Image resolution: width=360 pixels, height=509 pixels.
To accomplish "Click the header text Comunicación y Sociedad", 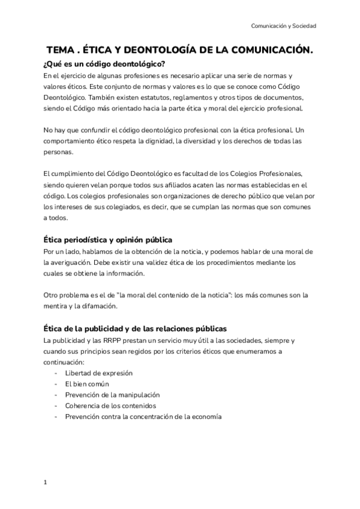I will coord(283,26).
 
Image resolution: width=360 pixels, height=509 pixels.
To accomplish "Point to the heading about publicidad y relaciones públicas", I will coord(135,328).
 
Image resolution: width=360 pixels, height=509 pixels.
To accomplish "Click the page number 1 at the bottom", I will coord(46,482).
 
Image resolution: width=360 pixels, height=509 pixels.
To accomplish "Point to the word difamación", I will coord(101,306).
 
